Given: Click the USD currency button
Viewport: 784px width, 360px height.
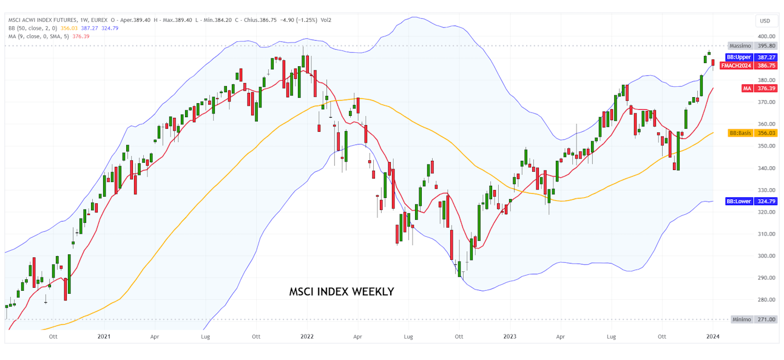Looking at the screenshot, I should coord(765,21).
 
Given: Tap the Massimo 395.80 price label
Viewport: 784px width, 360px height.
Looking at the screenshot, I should coord(752,46).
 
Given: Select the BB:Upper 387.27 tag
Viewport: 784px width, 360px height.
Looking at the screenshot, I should coord(752,57).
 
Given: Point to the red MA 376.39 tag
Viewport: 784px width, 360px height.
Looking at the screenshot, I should coord(759,88).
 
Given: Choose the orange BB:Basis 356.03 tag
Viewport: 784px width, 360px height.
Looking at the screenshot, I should coord(752,133).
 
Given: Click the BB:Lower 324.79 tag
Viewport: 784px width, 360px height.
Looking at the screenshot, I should coord(752,201).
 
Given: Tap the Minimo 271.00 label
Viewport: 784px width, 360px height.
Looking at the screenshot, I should coord(752,319).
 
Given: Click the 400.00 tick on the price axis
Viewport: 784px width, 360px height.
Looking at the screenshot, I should coord(766,36).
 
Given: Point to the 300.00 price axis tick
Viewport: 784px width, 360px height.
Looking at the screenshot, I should coord(766,256).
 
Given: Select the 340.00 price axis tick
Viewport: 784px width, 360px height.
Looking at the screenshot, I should coord(766,168).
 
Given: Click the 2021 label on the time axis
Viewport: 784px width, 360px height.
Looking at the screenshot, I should coord(104,336).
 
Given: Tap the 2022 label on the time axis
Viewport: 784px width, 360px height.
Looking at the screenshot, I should coord(307,336).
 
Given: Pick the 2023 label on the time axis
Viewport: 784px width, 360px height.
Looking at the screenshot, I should coord(510,336).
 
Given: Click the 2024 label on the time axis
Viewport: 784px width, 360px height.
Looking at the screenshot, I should coord(712,336).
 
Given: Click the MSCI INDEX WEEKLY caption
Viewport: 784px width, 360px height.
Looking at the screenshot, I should coord(342,292).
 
